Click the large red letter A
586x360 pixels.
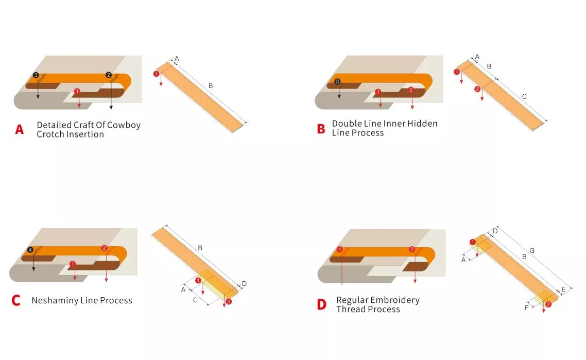click(20, 129)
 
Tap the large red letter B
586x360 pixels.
click(321, 129)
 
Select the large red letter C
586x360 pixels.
click(16, 300)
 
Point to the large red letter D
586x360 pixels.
click(321, 304)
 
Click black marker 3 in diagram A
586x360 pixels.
click(36, 75)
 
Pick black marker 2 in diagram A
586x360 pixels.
click(108, 75)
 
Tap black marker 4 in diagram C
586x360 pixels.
click(30, 250)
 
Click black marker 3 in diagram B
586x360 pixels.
click(337, 81)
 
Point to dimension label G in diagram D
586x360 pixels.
click(532, 250)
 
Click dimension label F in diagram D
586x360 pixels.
click(527, 307)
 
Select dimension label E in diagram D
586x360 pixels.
click(563, 289)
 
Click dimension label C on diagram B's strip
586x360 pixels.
click(524, 96)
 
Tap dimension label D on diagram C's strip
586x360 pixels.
click(244, 284)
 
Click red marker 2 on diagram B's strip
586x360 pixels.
click(477, 89)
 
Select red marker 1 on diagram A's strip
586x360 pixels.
click(156, 74)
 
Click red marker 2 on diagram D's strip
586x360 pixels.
click(548, 304)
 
